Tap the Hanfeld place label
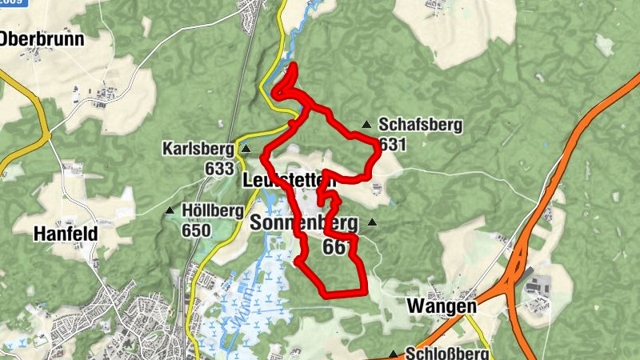click(x=65, y=234)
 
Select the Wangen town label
click(x=441, y=306)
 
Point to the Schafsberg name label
click(x=420, y=126)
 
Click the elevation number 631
click(x=394, y=144)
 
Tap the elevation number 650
click(x=195, y=231)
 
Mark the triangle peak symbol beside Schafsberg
click(x=366, y=124)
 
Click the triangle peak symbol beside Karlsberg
click(x=246, y=149)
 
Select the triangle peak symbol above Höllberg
click(x=170, y=211)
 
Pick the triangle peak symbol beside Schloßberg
click(x=393, y=354)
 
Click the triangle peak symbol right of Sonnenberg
click(x=372, y=223)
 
